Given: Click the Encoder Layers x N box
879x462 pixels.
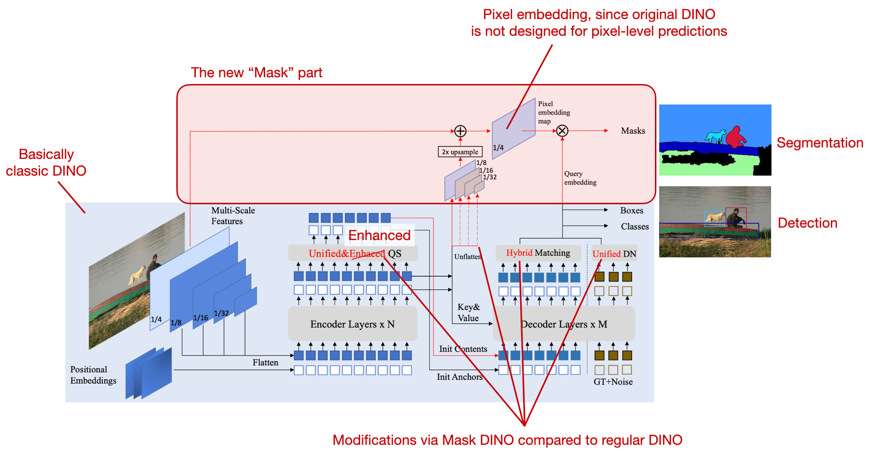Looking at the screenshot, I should pos(352,324).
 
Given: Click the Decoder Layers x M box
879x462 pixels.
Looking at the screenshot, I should pos(564,324).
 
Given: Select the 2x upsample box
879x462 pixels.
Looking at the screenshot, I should pos(460,152).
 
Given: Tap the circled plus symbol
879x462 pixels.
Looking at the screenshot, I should pos(460,131).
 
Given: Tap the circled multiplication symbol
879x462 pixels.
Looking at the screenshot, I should pos(562,131).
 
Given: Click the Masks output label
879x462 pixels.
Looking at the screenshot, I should pos(632,131).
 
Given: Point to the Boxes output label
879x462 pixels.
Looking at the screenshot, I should pos(632,210).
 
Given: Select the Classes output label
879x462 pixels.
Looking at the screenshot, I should pos(634,227).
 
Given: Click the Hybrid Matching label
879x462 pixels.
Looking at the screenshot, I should pos(538,253).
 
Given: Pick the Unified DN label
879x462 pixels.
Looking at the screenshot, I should pos(614,254).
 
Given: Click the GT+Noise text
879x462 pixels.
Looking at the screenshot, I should pos(613,382).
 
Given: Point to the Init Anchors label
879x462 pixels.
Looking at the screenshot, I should pos(460,377).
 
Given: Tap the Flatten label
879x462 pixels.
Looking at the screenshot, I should pos(265,363).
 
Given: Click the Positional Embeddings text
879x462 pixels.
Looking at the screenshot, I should pos(93,375).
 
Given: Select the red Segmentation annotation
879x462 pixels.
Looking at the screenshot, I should pos(820,143).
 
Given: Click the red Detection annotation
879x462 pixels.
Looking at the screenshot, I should pos(807,223).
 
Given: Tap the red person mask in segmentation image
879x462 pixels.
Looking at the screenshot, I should pos(736,137).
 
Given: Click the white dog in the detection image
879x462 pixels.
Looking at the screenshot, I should pos(715,218).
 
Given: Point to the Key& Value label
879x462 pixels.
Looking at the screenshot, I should pos(468,313).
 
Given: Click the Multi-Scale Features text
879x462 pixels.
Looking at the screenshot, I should pos(233,216).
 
